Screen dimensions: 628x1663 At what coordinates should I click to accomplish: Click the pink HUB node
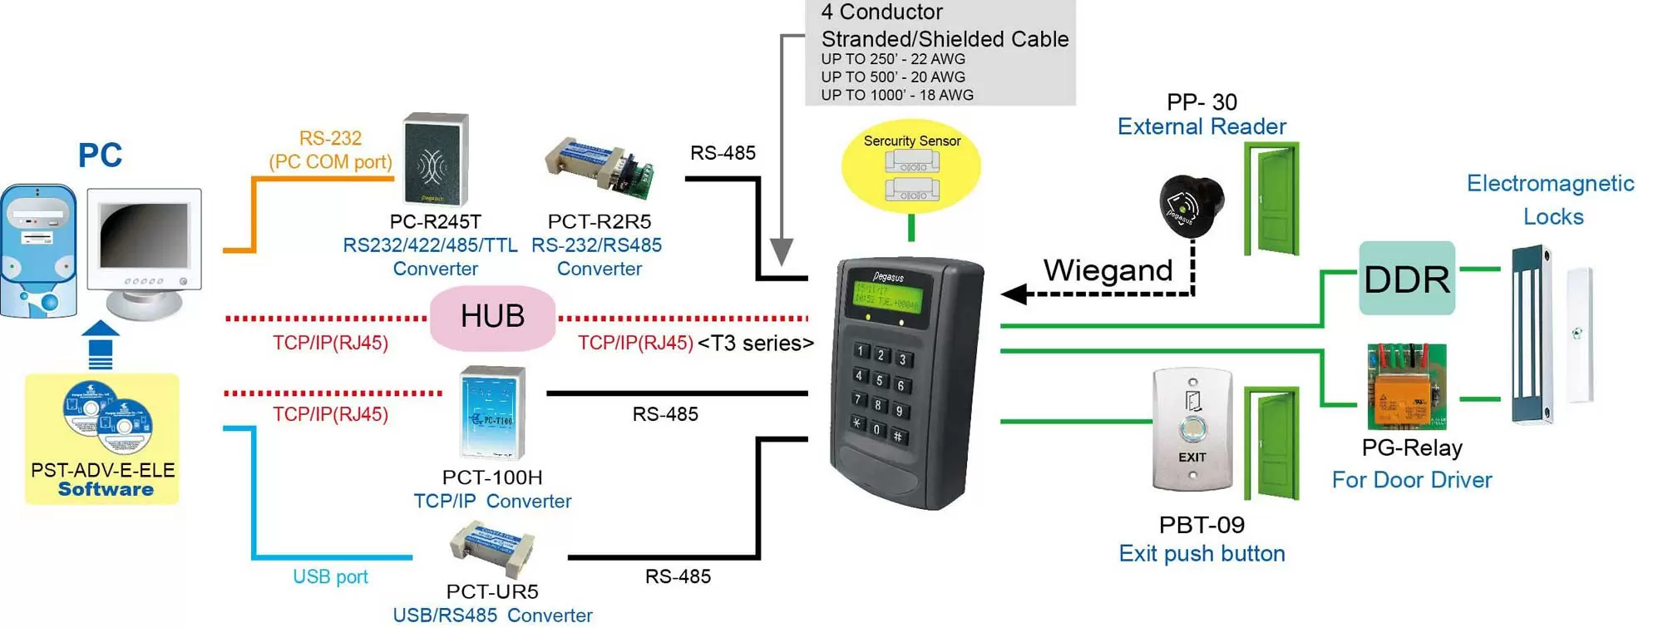492,317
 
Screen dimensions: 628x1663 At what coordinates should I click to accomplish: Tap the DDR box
1407,279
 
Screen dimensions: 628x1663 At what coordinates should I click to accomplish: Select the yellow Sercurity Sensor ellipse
911,166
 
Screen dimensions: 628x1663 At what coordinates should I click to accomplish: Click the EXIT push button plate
1192,430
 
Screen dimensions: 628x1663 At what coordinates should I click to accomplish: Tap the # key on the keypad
898,436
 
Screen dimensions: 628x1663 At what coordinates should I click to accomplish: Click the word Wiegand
1108,270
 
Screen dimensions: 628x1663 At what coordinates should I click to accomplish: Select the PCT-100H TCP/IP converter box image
493,413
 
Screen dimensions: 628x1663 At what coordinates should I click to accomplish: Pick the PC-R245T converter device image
436,160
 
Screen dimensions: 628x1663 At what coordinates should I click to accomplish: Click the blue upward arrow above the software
101,344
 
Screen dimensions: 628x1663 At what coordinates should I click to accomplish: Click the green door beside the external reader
1272,199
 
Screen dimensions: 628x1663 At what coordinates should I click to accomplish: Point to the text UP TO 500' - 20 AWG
893,77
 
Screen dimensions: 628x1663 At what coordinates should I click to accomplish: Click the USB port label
330,576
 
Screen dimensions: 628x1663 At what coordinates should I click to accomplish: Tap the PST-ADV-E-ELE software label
103,471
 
